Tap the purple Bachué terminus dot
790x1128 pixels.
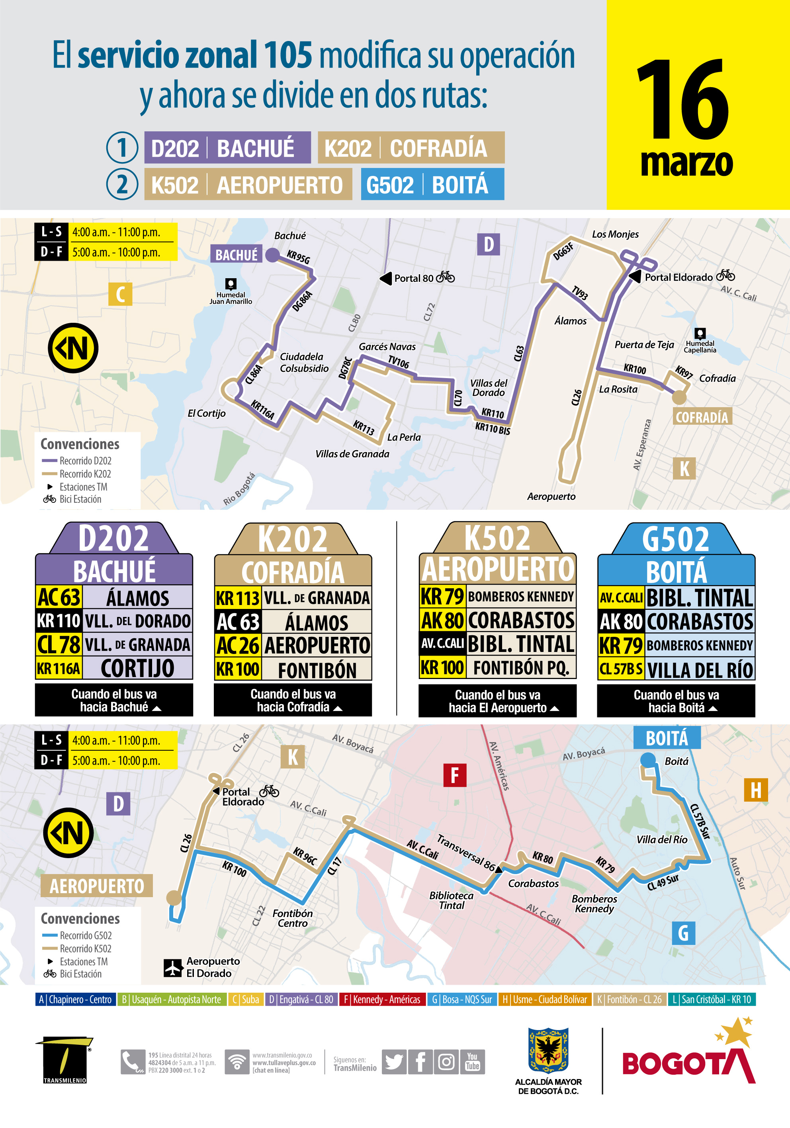[272, 254]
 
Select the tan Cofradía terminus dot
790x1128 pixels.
[679, 397]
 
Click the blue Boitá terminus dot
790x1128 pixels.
[648, 759]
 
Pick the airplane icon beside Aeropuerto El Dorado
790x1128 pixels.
[173, 967]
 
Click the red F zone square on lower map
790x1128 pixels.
[454, 775]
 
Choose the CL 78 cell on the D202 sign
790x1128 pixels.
[59, 644]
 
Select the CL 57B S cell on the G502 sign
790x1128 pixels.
[620, 669]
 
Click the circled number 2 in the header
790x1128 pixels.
[122, 185]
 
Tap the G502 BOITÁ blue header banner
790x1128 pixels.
[432, 184]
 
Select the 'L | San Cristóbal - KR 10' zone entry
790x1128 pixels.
[711, 999]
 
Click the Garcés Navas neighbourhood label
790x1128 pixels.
[387, 347]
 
